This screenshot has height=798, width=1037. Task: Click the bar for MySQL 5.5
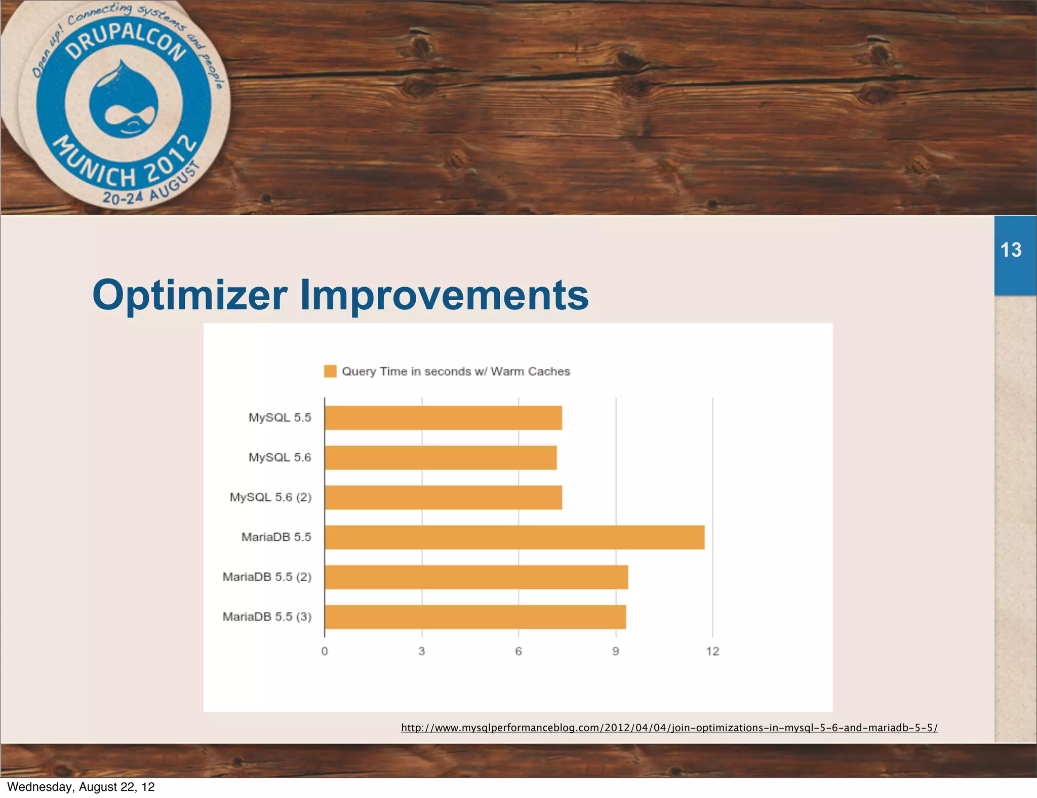(443, 418)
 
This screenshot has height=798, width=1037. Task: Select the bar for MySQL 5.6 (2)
(443, 497)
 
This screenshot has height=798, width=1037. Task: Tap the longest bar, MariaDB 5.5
(514, 537)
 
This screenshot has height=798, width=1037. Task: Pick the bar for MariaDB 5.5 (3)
(475, 617)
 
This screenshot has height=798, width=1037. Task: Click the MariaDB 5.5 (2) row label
(267, 577)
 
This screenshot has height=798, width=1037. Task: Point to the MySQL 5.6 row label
(280, 457)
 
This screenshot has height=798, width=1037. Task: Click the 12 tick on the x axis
(712, 651)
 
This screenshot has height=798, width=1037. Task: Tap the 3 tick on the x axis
(422, 651)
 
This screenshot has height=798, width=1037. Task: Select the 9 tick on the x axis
(616, 651)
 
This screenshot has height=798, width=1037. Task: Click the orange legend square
(330, 371)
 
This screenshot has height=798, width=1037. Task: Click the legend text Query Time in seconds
(456, 371)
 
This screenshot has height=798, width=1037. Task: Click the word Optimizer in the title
(190, 295)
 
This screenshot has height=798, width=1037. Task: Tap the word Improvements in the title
(444, 295)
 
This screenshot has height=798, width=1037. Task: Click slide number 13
(1011, 250)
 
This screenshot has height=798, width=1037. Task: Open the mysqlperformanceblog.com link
(669, 728)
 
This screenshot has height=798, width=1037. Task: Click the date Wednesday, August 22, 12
(81, 787)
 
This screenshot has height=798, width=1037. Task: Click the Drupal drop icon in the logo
(124, 101)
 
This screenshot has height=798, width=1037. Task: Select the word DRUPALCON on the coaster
(127, 41)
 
